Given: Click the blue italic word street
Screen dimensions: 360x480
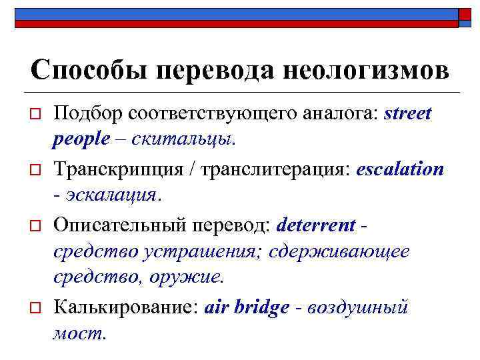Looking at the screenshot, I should pyautogui.click(x=408, y=114).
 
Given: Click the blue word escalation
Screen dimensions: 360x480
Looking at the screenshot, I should pyautogui.click(x=400, y=169).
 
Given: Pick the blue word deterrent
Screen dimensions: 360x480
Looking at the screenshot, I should pyautogui.click(x=315, y=225).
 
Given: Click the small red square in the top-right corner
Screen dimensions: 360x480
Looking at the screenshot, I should pyautogui.click(x=465, y=15).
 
